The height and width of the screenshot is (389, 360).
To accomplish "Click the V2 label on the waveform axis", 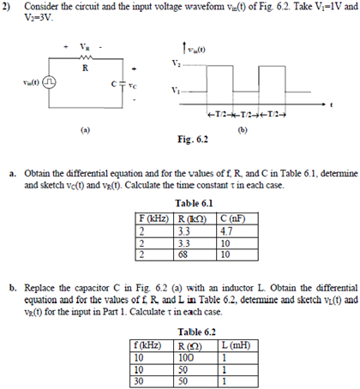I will coord(176,65).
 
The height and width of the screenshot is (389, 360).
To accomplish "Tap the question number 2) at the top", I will coord(7,6).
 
